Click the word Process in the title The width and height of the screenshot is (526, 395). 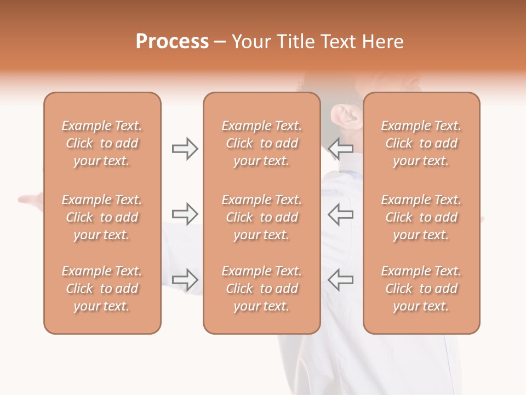[x=172, y=42]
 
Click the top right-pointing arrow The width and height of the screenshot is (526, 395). [x=185, y=149]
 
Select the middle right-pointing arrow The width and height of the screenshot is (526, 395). [x=185, y=214]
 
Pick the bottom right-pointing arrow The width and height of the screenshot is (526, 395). [x=185, y=279]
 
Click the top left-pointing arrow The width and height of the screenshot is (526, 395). [x=341, y=148]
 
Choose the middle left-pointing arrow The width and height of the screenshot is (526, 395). [x=341, y=214]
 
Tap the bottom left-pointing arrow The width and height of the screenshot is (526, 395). [x=341, y=279]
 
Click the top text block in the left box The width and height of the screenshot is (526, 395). [x=102, y=143]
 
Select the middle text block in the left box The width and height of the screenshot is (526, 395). [x=102, y=217]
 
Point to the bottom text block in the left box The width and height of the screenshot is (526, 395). [x=102, y=289]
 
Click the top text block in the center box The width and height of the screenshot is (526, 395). [x=261, y=143]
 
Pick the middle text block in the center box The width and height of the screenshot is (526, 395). [x=261, y=217]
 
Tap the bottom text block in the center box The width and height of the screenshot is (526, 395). [x=261, y=289]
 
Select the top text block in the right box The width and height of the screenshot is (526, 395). [x=421, y=143]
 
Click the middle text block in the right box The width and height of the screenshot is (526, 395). [x=421, y=217]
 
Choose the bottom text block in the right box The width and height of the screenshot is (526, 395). [x=421, y=289]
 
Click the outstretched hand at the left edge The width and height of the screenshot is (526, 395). [x=30, y=200]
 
